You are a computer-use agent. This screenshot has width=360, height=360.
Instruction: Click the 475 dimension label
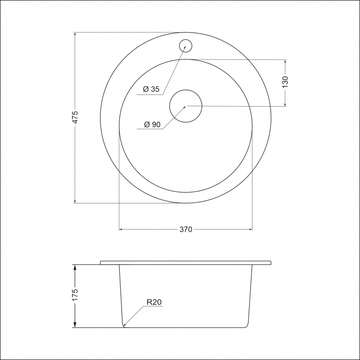pos(75,117)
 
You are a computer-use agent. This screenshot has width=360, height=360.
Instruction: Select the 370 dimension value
pos(186,229)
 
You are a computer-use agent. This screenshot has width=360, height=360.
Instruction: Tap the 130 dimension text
pos(285,82)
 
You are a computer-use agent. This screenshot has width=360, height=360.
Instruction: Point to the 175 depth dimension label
pos(75,295)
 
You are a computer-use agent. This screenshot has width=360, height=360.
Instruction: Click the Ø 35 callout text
pos(151,89)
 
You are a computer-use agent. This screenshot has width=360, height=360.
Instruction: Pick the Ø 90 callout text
pos(152,125)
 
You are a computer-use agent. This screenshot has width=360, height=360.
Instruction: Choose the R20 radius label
pos(154,302)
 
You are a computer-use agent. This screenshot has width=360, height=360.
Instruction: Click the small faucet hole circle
pos(185,40)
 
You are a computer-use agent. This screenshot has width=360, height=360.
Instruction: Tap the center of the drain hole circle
pos(186,106)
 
